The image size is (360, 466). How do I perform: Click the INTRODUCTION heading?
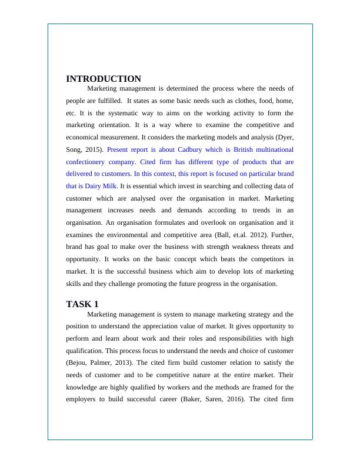pyautogui.click(x=104, y=79)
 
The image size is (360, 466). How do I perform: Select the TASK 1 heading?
pyautogui.click(x=82, y=304)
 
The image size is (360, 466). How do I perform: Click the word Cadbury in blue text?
pyautogui.click(x=192, y=149)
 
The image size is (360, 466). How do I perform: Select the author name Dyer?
pyautogui.click(x=285, y=137)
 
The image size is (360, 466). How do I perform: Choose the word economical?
pyautogui.click(x=85, y=137)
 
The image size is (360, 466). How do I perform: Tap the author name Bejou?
pyautogui.click(x=79, y=363)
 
